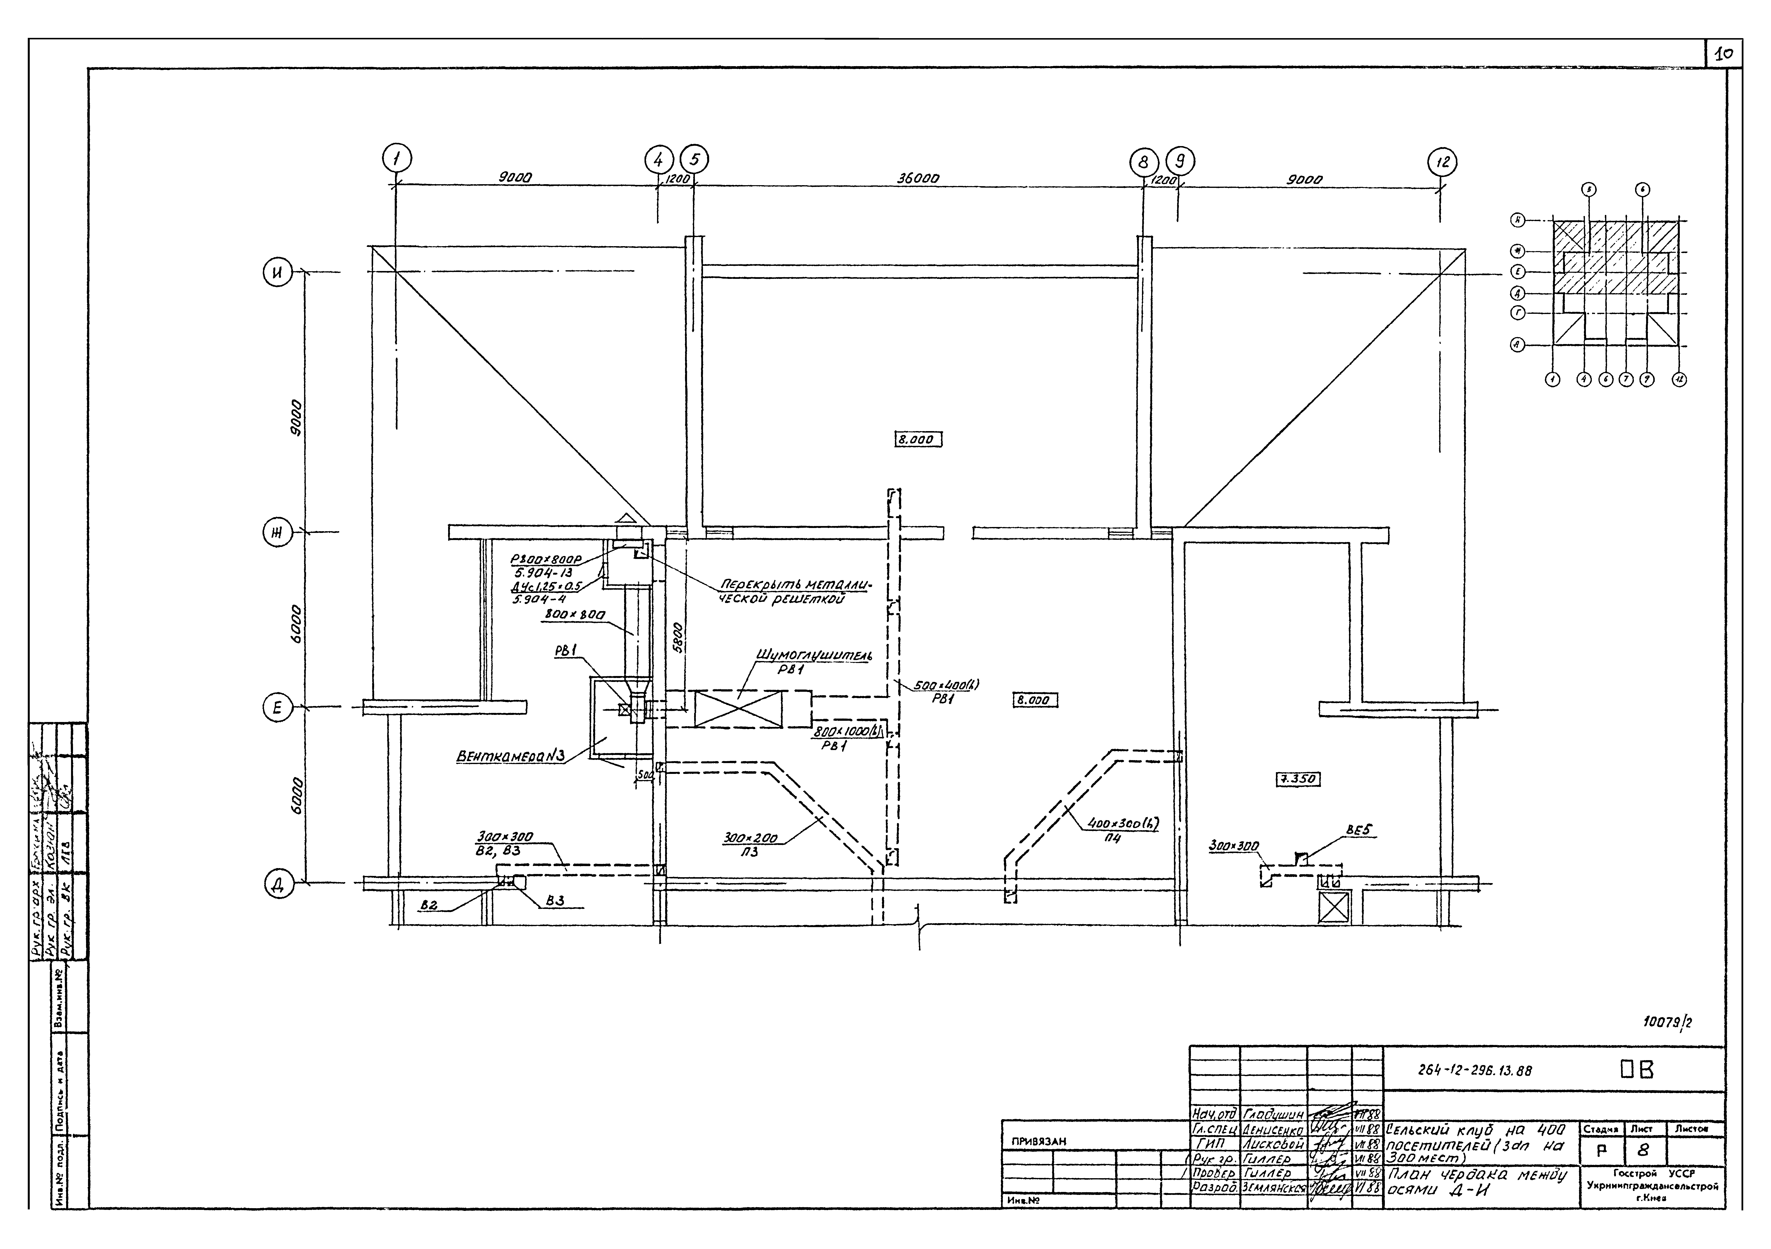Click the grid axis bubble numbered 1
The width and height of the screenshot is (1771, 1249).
click(x=396, y=159)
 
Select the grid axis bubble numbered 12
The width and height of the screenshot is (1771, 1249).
click(x=1442, y=163)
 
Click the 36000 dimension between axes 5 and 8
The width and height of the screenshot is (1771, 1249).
click(x=918, y=178)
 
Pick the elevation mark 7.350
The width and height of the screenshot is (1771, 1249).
click(x=1297, y=779)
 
